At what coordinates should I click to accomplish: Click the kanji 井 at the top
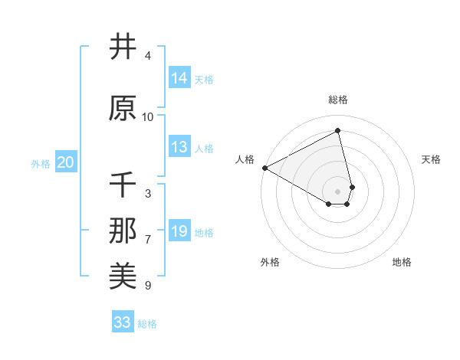(123, 47)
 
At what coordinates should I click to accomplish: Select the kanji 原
(123, 109)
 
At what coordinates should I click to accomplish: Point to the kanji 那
(123, 231)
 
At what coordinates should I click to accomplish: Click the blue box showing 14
(179, 78)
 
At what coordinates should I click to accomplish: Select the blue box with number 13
(179, 147)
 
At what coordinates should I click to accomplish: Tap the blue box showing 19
(179, 231)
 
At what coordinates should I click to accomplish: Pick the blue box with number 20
(66, 162)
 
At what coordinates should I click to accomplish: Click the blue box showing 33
(123, 322)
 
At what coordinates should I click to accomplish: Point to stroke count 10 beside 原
(148, 117)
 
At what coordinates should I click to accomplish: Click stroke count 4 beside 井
(148, 56)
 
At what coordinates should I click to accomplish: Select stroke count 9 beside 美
(148, 286)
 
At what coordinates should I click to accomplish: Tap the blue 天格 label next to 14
(204, 79)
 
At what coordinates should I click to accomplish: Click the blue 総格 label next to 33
(147, 324)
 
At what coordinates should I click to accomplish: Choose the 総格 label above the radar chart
(338, 100)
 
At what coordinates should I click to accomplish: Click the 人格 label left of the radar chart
(245, 159)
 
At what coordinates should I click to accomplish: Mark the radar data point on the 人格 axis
(264, 168)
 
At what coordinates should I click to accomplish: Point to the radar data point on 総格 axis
(338, 130)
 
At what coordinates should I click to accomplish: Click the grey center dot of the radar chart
(338, 191)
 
